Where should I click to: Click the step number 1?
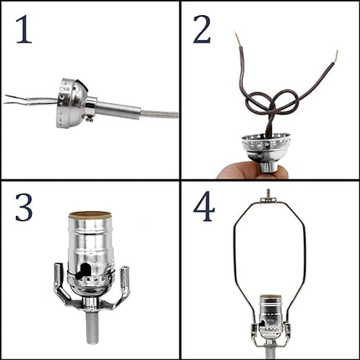pyautogui.click(x=23, y=29)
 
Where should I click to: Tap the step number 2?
pyautogui.click(x=202, y=29)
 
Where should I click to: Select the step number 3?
pyautogui.click(x=23, y=208)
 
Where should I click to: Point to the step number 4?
pyautogui.click(x=204, y=208)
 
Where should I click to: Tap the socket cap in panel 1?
pyautogui.click(x=72, y=103)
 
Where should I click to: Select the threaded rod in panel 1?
pyautogui.click(x=117, y=110)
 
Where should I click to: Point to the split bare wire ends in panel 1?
pyautogui.click(x=17, y=100)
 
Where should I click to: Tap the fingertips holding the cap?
pyautogui.click(x=251, y=170)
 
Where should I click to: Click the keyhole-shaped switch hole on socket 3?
pyautogui.click(x=85, y=271)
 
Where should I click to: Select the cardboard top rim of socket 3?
pyautogui.click(x=90, y=215)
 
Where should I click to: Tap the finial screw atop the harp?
pyautogui.click(x=268, y=195)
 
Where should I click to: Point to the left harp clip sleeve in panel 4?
pyautogui.click(x=255, y=329)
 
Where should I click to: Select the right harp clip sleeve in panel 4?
pyautogui.click(x=287, y=329)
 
